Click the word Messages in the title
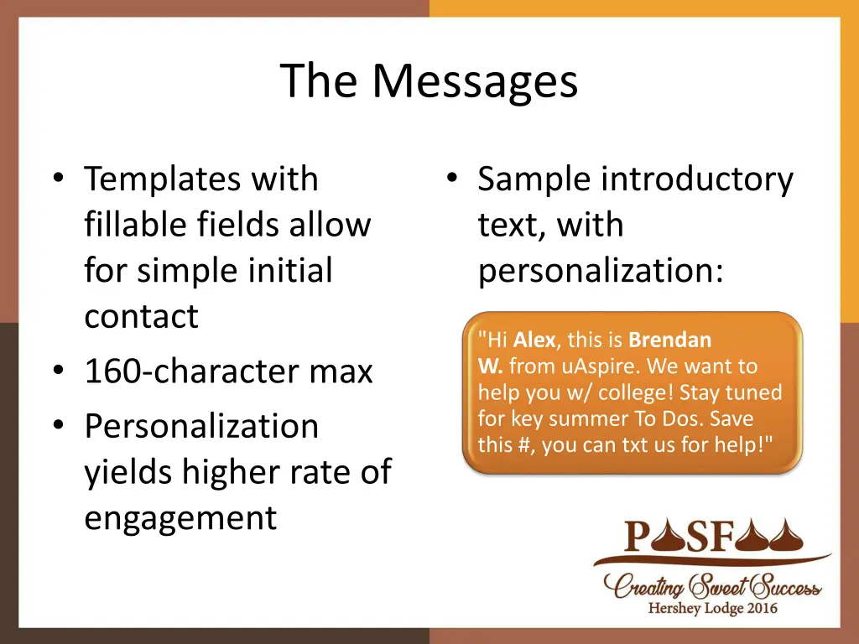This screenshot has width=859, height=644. tap(475, 81)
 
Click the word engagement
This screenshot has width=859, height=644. tap(180, 518)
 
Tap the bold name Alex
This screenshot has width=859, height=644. tap(534, 340)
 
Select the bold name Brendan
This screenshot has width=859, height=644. tap(669, 340)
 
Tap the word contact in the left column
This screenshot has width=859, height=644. tap(141, 317)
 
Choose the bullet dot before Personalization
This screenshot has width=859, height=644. tap(58, 426)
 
